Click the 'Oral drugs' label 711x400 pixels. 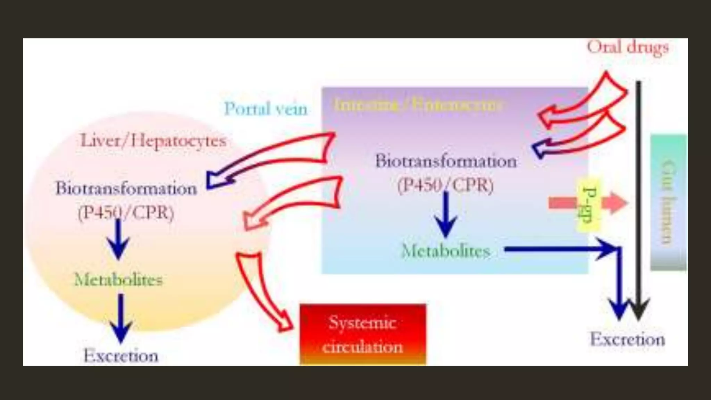pos(627,48)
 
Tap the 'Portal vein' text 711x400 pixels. pos(266,109)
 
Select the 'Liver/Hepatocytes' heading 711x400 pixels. pos(153,141)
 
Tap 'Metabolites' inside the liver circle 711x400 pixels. pos(118,280)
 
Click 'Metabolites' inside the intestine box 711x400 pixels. pos(446,251)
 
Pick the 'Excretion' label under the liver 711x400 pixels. pos(121,356)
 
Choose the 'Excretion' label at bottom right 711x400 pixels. pos(627,339)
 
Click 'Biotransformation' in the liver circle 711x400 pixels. pos(126,189)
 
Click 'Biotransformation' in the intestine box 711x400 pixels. pos(446,161)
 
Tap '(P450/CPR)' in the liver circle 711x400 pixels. pos(126,212)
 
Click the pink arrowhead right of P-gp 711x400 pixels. pos(615,203)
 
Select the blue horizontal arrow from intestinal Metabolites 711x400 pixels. pos(555,249)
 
